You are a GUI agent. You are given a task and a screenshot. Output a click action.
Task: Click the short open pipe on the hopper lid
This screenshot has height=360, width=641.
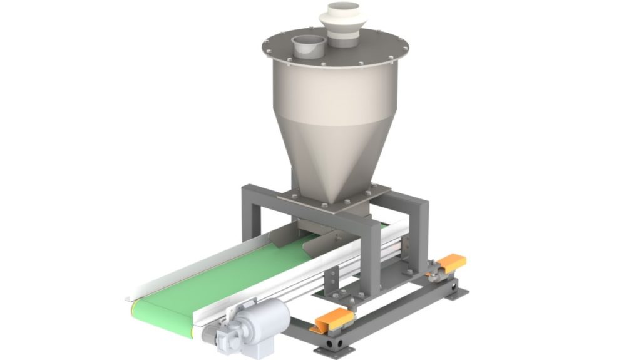(307, 47)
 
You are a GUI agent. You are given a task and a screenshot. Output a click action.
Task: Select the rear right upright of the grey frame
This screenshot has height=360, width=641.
(419, 232)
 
